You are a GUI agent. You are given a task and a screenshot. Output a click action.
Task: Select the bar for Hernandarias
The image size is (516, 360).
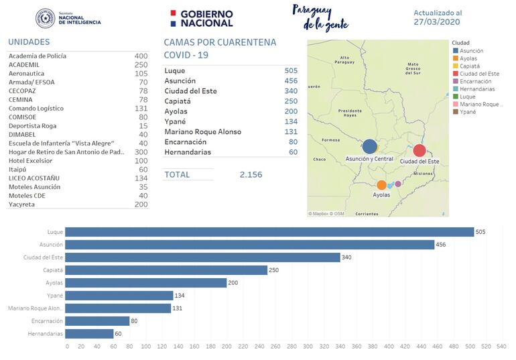pos(90,333)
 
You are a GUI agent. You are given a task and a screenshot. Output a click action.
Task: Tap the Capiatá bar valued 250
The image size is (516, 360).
pos(168,270)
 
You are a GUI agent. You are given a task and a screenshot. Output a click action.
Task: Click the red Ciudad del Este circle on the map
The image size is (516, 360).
pos(420,151)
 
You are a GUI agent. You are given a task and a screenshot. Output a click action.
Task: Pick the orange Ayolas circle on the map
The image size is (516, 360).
pos(381,185)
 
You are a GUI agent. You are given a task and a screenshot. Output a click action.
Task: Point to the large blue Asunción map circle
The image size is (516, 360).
pos(369,147)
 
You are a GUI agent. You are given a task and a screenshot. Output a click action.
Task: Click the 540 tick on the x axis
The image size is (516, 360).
pos(501,347)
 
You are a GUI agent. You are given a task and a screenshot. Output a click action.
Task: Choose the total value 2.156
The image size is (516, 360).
pos(251,175)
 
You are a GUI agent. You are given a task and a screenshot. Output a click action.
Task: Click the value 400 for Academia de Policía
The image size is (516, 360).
pos(141,56)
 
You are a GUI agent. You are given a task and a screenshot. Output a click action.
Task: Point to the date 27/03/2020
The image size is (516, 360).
pos(437,22)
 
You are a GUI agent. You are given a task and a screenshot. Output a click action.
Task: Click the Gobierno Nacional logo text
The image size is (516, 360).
pos(206,18)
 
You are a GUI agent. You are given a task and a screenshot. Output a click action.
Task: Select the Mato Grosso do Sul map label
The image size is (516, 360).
pos(413,68)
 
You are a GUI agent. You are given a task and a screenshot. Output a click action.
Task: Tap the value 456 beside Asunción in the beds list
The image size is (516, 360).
pos(291,80)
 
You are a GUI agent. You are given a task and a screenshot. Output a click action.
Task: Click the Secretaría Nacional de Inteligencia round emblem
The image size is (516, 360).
pos(46,18)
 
